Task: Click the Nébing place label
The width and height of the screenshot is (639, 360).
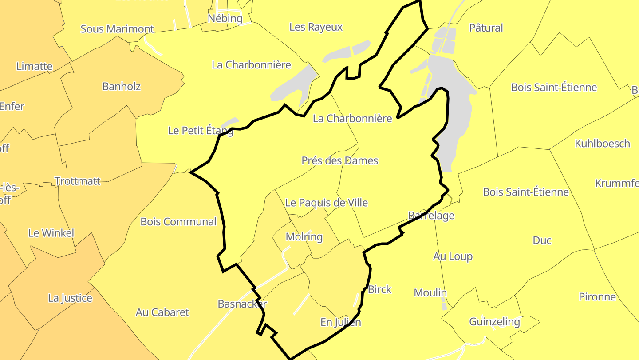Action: pyautogui.click(x=225, y=18)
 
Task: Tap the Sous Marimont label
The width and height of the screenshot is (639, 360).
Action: pyautogui.click(x=117, y=29)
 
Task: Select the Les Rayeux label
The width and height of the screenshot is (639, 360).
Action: pyautogui.click(x=316, y=27)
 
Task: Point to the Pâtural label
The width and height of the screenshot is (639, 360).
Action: pyautogui.click(x=486, y=28)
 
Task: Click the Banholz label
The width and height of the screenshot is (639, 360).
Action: pyautogui.click(x=121, y=86)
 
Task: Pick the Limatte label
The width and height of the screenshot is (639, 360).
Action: pyautogui.click(x=35, y=67)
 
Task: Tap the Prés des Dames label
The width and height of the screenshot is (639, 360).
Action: pyautogui.click(x=340, y=160)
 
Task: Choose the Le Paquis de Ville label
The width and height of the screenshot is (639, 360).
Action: pyautogui.click(x=326, y=203)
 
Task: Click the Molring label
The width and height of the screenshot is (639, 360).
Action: pyautogui.click(x=304, y=237)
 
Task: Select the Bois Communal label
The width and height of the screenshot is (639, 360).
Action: pyautogui.click(x=178, y=222)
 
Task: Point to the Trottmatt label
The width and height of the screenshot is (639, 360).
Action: pyautogui.click(x=77, y=181)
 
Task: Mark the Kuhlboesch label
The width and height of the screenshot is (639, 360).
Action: pyautogui.click(x=602, y=144)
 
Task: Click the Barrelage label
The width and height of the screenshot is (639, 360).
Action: pyautogui.click(x=431, y=216)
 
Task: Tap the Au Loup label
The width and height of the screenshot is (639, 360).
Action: pyautogui.click(x=453, y=256)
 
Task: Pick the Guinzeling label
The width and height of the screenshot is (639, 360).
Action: pyautogui.click(x=494, y=321)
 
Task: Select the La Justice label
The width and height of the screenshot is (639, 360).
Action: pyautogui.click(x=70, y=298)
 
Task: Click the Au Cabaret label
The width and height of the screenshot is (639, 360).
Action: pyautogui.click(x=162, y=312)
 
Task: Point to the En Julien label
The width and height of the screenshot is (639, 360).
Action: pyautogui.click(x=341, y=322)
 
